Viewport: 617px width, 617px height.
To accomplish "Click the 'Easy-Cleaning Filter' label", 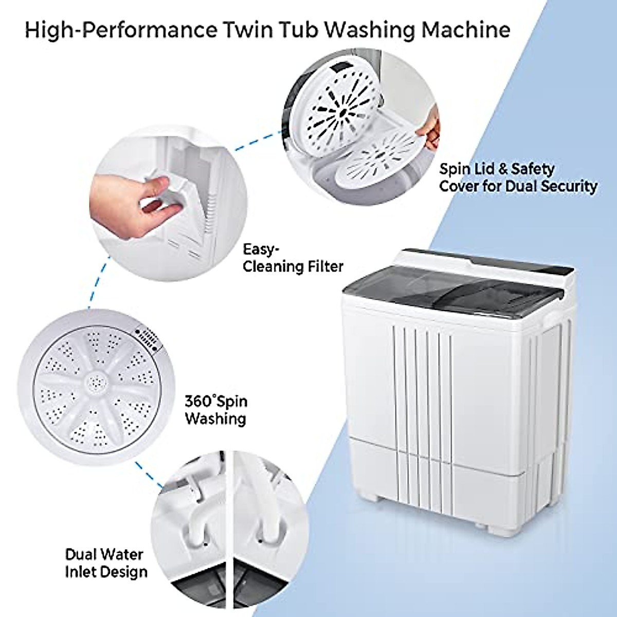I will tap(293, 258).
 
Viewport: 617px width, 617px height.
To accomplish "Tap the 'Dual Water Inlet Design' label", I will tap(106, 563).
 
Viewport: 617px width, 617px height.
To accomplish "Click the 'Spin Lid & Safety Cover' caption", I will tap(517, 177).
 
